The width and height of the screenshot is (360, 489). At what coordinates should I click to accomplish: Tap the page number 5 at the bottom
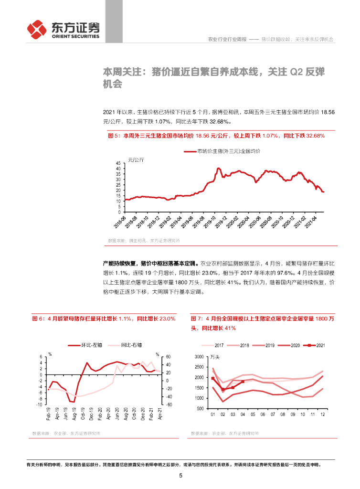pyautogui.click(x=180, y=475)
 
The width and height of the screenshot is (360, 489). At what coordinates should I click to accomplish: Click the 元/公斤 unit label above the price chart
pyautogui.click(x=136, y=159)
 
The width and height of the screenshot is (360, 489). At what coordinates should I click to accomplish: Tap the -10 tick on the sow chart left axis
pyautogui.click(x=42, y=404)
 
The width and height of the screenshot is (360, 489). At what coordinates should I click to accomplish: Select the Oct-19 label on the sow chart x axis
pyautogui.click(x=82, y=415)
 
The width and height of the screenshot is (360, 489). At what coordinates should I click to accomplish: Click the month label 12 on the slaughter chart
pyautogui.click(x=323, y=415)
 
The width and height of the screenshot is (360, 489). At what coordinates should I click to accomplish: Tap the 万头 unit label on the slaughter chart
pyautogui.click(x=216, y=356)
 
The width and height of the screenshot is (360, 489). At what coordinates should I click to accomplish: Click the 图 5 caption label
pyautogui.click(x=115, y=136)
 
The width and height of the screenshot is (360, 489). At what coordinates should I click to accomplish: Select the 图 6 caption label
pyautogui.click(x=39, y=318)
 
